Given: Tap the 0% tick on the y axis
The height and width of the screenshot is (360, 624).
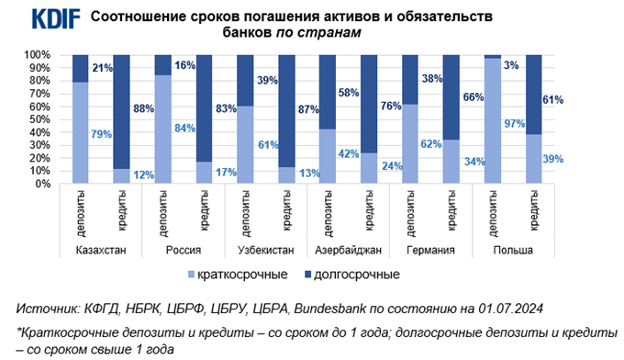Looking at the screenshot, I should [39, 184].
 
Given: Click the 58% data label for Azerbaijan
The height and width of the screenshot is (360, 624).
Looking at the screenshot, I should [349, 93].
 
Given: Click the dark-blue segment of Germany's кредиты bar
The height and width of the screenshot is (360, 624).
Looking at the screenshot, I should [450, 97].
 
